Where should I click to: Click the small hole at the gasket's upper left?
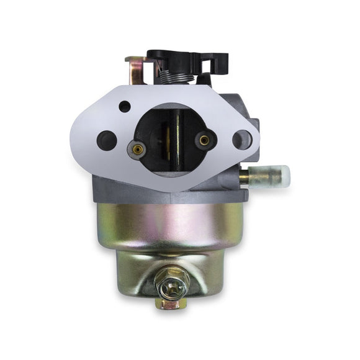pyautogui.click(x=125, y=106)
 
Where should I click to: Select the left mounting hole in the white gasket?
pyautogui.click(x=107, y=138)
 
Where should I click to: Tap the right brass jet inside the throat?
pyautogui.click(x=203, y=140)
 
